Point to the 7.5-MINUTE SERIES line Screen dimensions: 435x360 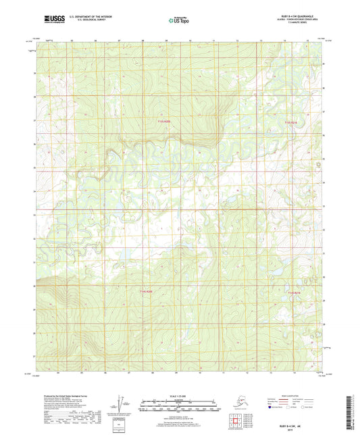click(x=297, y=25)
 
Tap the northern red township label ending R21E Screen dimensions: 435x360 click(x=290, y=122)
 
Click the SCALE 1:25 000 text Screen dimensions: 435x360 click(x=179, y=395)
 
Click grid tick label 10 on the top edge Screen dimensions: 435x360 click(x=190, y=41)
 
